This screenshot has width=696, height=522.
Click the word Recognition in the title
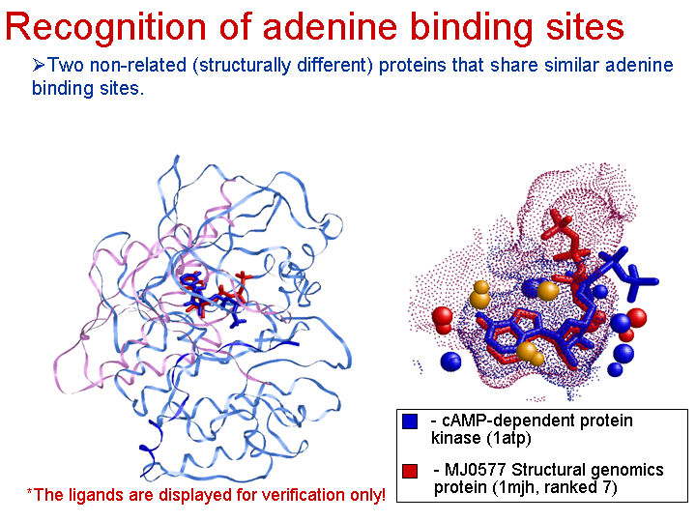(105, 27)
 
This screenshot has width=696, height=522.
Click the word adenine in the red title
(330, 27)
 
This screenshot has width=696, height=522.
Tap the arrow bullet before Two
(38, 66)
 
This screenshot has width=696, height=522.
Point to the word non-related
(137, 66)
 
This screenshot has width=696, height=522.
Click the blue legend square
(410, 421)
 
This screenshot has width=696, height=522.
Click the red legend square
(410, 471)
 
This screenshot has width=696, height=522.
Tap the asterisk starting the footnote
(30, 491)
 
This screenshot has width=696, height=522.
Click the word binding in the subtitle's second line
(63, 88)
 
